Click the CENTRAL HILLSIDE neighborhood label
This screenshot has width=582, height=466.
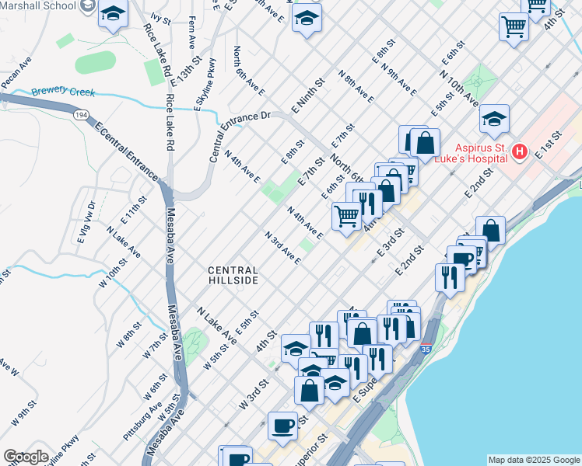[233, 274]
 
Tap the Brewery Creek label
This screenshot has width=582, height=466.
[63, 92]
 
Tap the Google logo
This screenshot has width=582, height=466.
[26, 457]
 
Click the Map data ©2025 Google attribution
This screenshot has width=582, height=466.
[533, 460]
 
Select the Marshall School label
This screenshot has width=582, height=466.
[37, 5]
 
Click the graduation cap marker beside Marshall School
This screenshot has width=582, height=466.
[114, 15]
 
